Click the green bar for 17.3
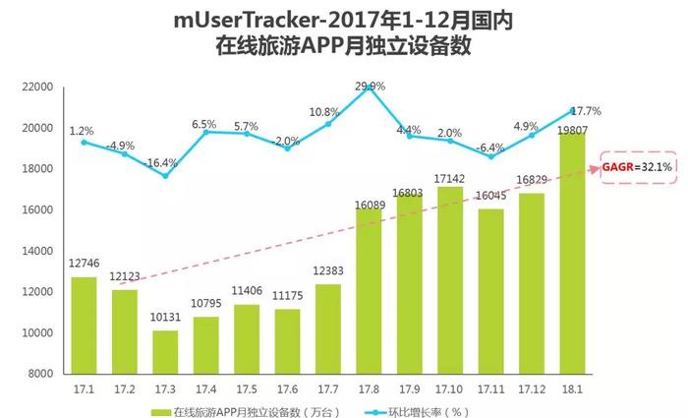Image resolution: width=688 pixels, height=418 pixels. click(165, 351)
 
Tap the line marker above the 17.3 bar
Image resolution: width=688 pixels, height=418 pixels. click(165, 176)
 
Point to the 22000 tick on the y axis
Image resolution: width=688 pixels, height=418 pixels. click(36, 87)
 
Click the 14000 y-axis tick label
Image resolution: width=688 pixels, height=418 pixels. click(36, 251)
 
